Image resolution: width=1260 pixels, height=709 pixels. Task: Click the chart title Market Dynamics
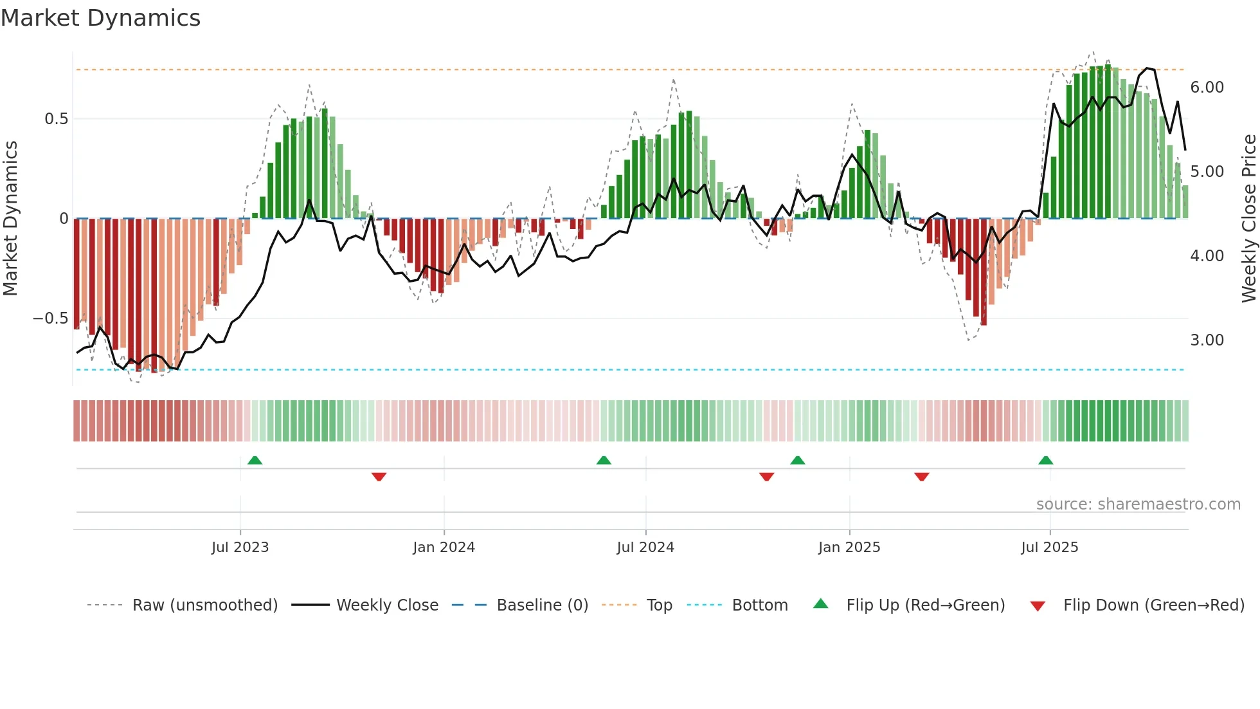[x=100, y=18]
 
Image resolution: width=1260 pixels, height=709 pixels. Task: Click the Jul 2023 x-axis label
[x=240, y=548]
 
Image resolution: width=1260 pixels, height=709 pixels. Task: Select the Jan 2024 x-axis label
[x=444, y=548]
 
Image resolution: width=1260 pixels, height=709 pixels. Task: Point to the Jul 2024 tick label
[x=645, y=548]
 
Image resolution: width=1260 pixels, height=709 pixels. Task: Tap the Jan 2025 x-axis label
[x=849, y=548]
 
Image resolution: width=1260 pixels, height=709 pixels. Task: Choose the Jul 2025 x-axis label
[x=1050, y=548]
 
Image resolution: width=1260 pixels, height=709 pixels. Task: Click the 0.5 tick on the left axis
[x=56, y=119]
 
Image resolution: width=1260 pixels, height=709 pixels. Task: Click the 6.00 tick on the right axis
[x=1207, y=87]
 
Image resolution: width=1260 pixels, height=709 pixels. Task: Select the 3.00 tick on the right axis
[x=1207, y=340]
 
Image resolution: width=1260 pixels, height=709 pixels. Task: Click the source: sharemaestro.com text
[x=1138, y=504]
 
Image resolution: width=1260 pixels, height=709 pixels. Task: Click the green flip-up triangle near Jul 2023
[x=255, y=460]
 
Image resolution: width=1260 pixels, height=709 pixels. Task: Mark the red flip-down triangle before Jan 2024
[x=379, y=477]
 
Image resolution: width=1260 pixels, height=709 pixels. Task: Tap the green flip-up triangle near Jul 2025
[x=1045, y=460]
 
